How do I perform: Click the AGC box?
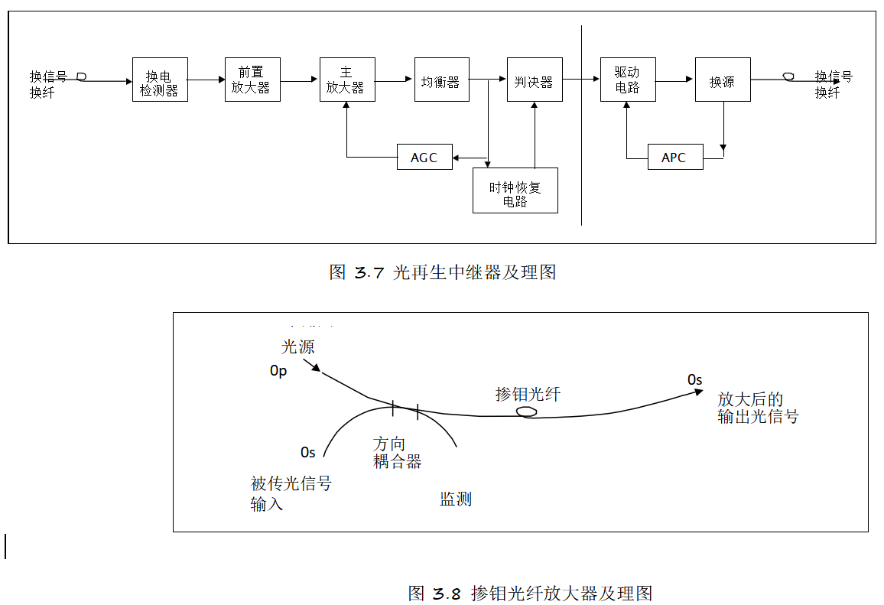[424, 157]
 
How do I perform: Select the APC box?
[674, 157]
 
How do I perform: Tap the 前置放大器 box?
[252, 80]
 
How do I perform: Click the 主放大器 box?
[347, 80]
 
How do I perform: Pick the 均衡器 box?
[441, 80]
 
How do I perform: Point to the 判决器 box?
[535, 80]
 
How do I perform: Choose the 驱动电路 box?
[628, 80]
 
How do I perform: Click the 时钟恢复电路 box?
[515, 190]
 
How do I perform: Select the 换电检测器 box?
[160, 80]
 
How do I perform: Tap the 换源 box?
[723, 80]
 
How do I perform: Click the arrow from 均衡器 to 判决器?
[488, 79]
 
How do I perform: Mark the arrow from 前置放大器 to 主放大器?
[300, 80]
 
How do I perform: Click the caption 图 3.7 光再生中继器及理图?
[443, 272]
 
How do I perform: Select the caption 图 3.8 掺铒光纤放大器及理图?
[530, 593]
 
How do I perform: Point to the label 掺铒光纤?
[528, 394]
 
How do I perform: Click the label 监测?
[456, 499]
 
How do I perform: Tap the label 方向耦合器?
[397, 453]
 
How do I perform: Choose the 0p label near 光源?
[278, 371]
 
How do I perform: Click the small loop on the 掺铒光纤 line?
[526, 412]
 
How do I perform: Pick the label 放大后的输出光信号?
[757, 408]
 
